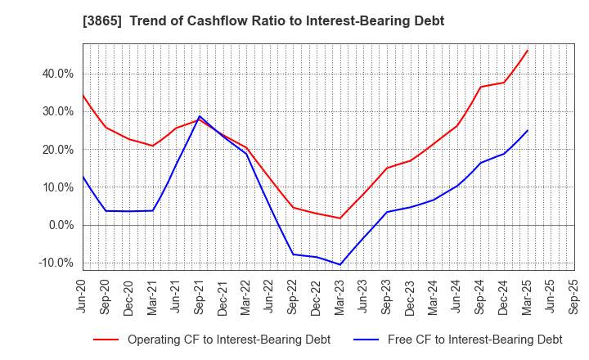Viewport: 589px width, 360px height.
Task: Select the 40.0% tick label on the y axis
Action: click(x=58, y=74)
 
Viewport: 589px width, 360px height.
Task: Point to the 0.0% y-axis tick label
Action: click(x=61, y=225)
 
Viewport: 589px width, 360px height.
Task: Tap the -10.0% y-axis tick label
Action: click(x=56, y=263)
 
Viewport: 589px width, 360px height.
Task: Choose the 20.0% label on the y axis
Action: click(x=58, y=150)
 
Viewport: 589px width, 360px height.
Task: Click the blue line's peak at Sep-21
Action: click(x=200, y=116)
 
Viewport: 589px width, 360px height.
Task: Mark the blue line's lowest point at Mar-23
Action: click(x=340, y=264)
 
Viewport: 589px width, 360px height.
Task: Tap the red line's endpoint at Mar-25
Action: click(x=528, y=50)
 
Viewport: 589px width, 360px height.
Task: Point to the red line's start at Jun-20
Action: click(x=83, y=95)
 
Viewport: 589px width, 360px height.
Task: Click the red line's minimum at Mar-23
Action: click(x=340, y=218)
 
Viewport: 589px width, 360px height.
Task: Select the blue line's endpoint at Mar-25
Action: click(x=528, y=130)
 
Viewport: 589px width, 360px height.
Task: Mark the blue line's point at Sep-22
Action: click(x=293, y=254)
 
